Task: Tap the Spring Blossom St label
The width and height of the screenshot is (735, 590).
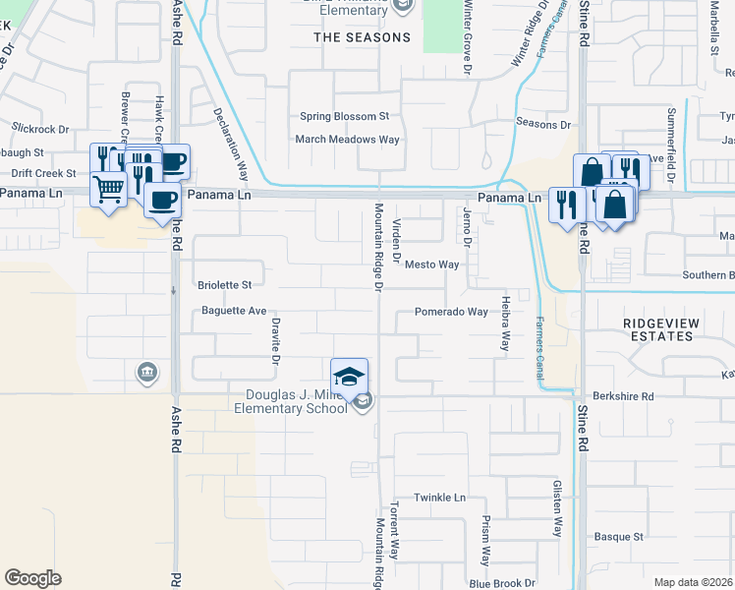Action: tap(345, 116)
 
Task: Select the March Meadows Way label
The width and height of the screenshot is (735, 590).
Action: tap(348, 140)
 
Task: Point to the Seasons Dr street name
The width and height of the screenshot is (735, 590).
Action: tap(542, 124)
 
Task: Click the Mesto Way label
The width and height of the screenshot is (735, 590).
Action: tap(432, 265)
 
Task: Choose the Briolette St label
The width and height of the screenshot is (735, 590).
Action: tap(225, 285)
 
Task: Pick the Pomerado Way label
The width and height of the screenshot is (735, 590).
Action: tap(451, 312)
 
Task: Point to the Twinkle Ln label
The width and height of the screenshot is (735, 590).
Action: tap(438, 498)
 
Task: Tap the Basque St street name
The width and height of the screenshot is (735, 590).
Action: tap(618, 537)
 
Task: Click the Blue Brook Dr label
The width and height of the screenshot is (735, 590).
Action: tap(501, 583)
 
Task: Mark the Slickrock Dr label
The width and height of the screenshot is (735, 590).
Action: tap(40, 129)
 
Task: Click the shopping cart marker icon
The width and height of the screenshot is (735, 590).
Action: tap(108, 187)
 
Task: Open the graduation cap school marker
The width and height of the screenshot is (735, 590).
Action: tap(350, 377)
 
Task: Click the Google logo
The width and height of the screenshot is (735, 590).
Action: tap(32, 578)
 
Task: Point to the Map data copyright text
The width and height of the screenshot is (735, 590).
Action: tap(692, 582)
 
